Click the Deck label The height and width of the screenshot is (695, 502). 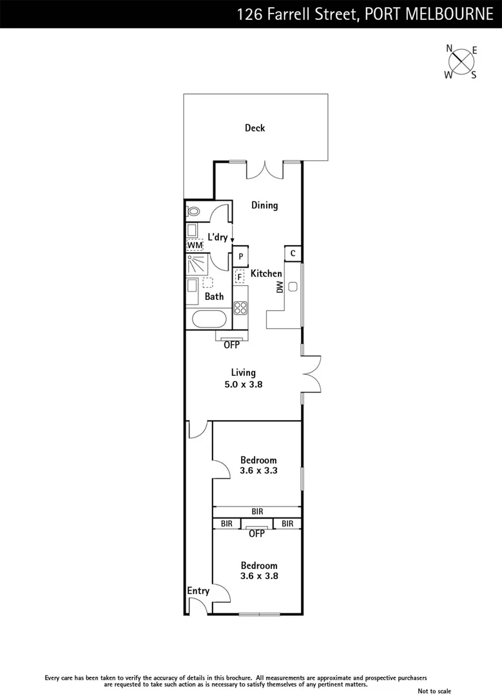click(255, 128)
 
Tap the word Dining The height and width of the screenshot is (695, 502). click(264, 205)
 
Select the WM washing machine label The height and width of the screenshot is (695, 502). click(195, 245)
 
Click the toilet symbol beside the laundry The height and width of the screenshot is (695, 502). click(194, 211)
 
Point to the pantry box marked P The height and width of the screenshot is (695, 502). click(240, 256)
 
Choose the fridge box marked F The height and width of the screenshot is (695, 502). click(240, 277)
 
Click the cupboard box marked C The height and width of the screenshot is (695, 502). click(293, 254)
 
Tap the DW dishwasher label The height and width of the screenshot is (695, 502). click(280, 288)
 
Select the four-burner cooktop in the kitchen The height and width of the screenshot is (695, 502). click(240, 308)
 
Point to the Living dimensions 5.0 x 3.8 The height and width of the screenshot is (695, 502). click(244, 384)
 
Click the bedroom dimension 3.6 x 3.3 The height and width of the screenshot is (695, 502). click(258, 471)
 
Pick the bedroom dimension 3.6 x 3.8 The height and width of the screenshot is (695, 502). click(258, 577)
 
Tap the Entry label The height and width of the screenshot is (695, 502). click(198, 591)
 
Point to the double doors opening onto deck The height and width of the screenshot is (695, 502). click(265, 169)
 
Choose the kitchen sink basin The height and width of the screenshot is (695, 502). click(293, 288)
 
